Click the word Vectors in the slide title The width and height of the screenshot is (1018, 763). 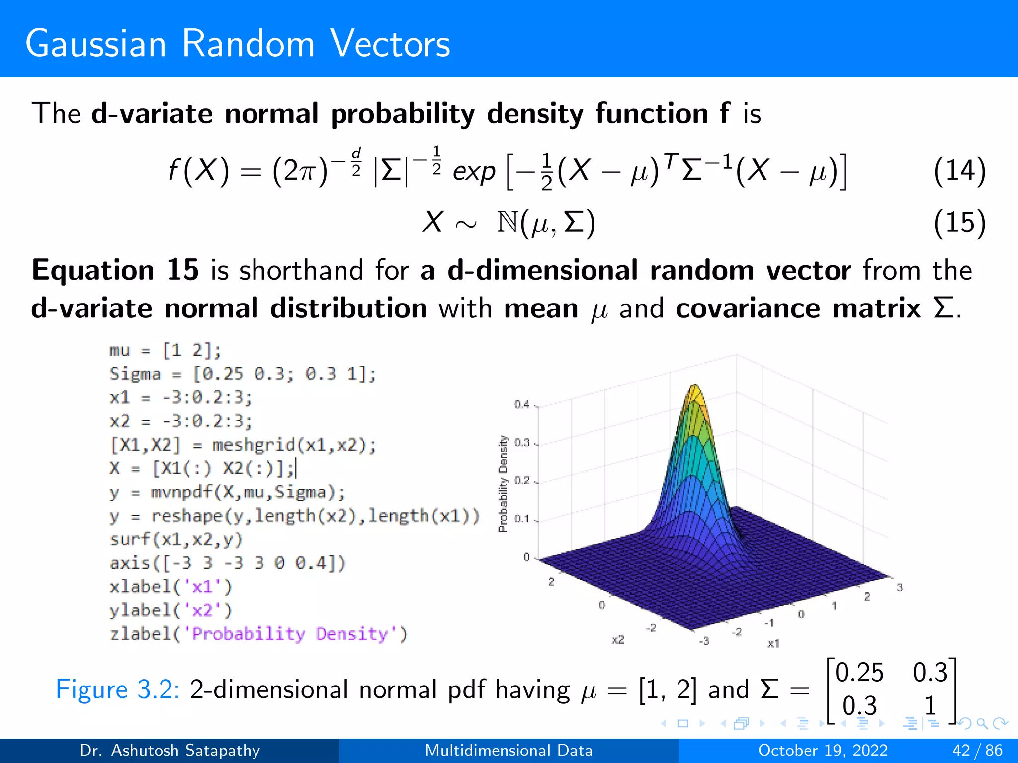(x=390, y=44)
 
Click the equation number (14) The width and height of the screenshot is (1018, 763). (x=959, y=171)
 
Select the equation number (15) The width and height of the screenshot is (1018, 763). (x=959, y=222)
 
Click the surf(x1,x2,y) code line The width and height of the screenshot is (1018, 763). (x=176, y=539)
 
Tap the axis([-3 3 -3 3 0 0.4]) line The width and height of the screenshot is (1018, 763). (x=228, y=563)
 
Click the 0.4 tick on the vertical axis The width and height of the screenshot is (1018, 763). (x=522, y=405)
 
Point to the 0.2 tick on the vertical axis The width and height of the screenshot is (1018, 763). (x=522, y=481)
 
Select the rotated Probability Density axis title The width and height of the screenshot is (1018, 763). (x=503, y=483)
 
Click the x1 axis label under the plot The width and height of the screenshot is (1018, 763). (x=773, y=643)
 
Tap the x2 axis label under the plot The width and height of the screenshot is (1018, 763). (x=618, y=640)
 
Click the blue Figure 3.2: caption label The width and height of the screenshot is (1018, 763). (x=117, y=690)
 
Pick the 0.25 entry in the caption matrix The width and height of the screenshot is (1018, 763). (x=859, y=673)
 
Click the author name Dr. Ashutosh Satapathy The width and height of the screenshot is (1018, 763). (x=170, y=750)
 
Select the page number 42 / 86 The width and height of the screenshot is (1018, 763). (x=977, y=750)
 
